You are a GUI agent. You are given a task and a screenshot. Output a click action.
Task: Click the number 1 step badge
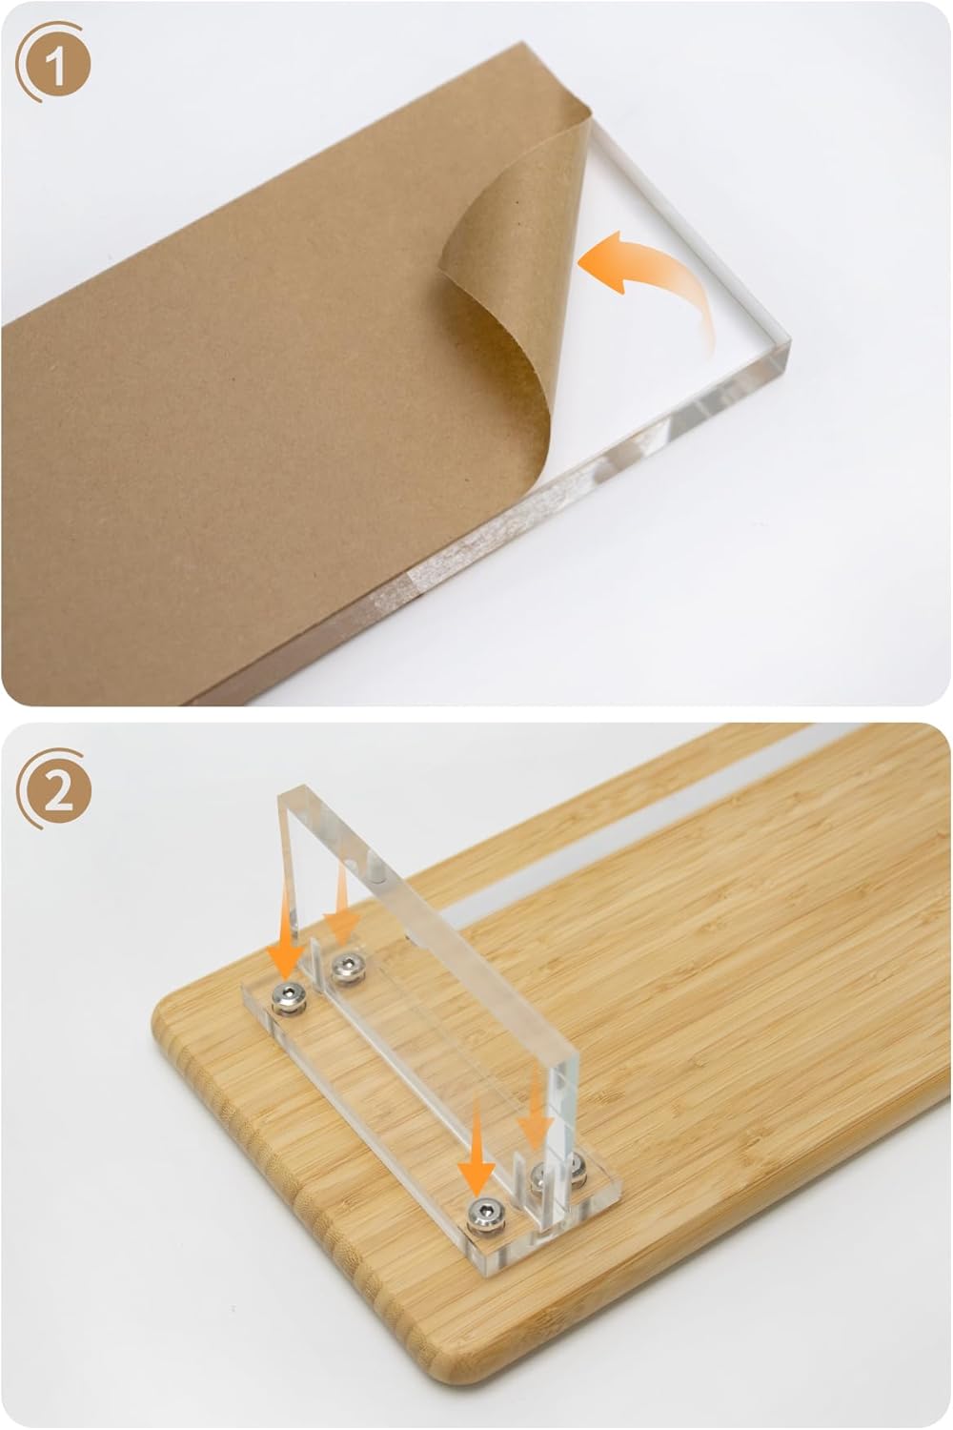[x=54, y=63]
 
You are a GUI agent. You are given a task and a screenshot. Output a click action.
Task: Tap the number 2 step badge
[x=55, y=790]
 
